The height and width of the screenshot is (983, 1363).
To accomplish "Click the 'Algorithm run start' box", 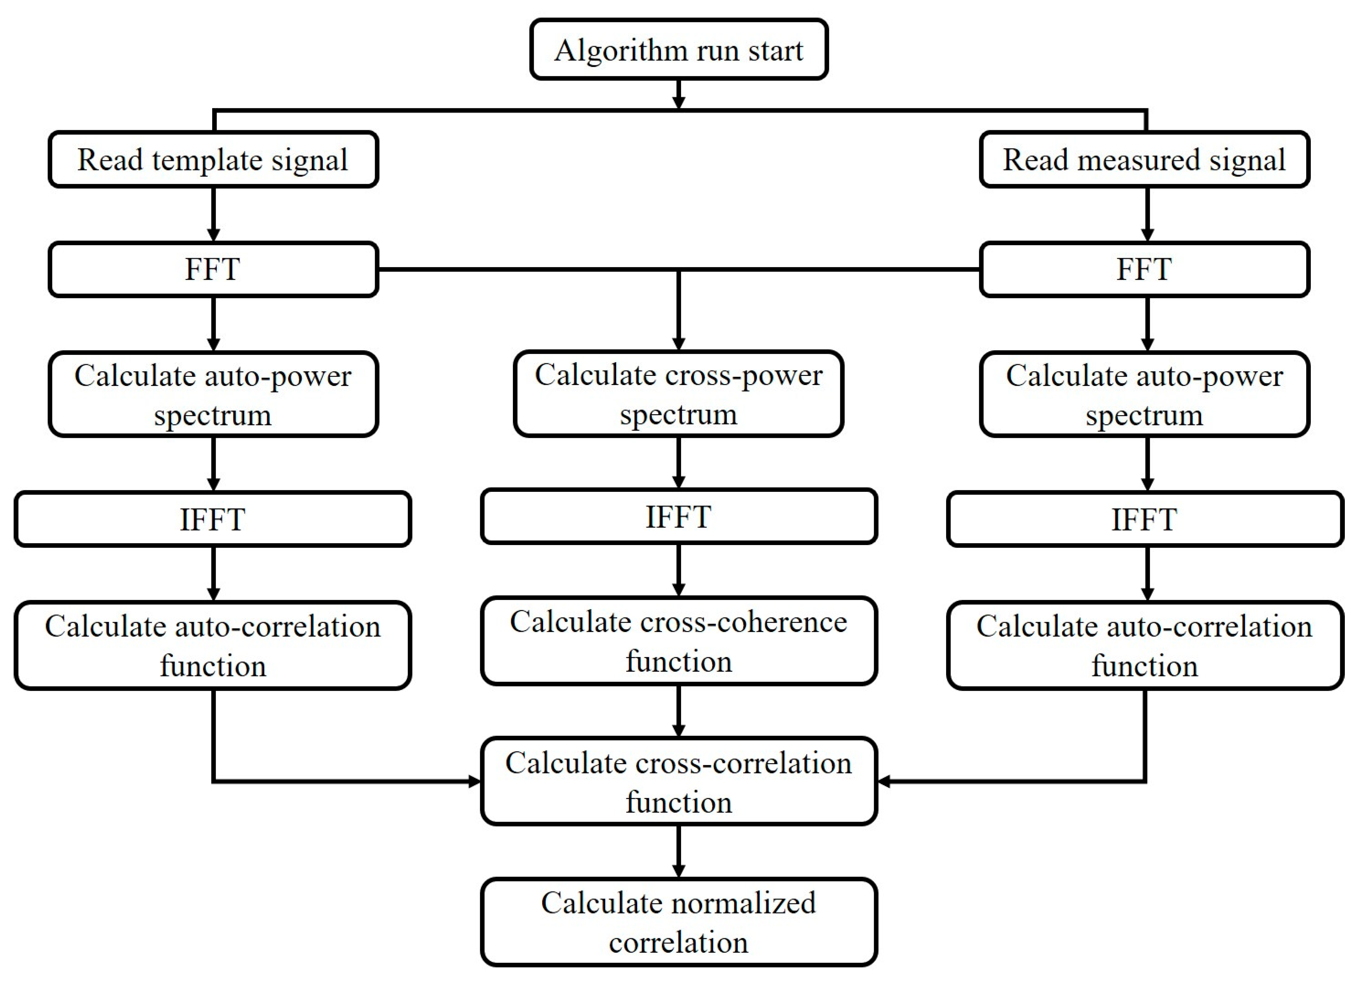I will click(x=678, y=49).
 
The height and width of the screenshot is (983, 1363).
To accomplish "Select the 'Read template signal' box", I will click(x=213, y=159).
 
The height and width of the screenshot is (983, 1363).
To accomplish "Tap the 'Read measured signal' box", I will click(x=1144, y=159).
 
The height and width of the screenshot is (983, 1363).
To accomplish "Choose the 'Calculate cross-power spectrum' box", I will click(x=678, y=394).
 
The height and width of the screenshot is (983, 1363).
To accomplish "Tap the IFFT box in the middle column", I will click(x=678, y=516).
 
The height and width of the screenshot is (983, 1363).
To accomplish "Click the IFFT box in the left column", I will click(x=213, y=519).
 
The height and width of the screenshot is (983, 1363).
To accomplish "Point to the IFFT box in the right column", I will click(x=1144, y=519).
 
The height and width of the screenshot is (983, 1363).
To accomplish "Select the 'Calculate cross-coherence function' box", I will click(x=678, y=641).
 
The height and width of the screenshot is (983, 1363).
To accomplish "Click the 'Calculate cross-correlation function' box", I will click(x=678, y=782).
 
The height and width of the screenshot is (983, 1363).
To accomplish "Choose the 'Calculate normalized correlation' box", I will click(x=678, y=922).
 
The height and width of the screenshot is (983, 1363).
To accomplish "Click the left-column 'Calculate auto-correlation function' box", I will click(x=213, y=645).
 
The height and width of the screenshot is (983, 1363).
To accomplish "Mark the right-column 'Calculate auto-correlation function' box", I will click(x=1144, y=645).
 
